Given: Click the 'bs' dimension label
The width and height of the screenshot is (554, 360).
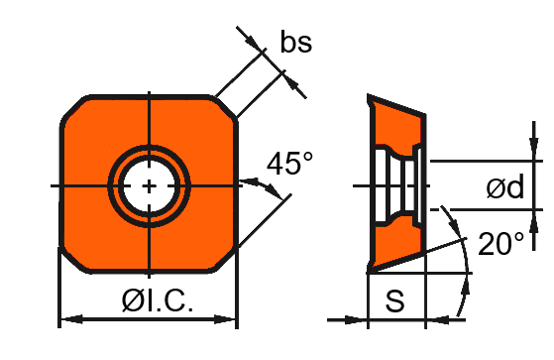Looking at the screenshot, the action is (295, 42).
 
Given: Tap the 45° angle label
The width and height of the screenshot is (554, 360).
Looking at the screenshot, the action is (289, 164).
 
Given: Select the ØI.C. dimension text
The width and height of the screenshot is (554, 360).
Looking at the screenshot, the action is (158, 300).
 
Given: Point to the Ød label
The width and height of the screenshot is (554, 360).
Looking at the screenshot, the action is (504, 186).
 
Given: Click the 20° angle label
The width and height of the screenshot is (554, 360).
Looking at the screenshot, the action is (500, 244).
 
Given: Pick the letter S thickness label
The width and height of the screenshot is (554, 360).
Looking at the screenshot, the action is (394, 300).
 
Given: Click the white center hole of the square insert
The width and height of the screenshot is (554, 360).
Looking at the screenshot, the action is (149, 185).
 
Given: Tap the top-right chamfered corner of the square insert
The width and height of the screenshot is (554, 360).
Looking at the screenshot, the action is (225, 108).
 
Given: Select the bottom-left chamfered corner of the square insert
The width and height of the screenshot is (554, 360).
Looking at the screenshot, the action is (73, 260).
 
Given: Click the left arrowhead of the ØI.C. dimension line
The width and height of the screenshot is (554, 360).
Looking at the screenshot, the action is (71, 319).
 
